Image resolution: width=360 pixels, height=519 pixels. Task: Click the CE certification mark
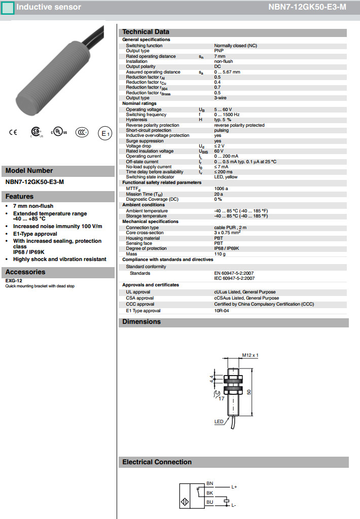[13, 133]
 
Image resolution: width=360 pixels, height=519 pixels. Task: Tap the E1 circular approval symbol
[104, 133]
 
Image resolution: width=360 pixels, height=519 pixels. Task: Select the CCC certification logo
[82, 133]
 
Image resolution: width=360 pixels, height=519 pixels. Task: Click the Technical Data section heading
[146, 32]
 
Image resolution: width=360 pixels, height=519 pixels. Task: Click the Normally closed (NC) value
[235, 46]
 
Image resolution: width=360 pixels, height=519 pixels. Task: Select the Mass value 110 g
[220, 254]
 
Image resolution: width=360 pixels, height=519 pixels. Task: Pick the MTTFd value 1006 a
[222, 189]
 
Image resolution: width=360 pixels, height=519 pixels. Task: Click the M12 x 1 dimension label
[250, 355]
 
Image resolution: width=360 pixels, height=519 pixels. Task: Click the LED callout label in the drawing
[219, 422]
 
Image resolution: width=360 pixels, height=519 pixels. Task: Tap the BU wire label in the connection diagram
[210, 502]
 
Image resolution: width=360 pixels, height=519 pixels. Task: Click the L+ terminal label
[234, 487]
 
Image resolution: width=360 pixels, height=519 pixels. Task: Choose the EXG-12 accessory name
[14, 280]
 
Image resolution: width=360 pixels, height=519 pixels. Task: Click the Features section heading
[19, 197]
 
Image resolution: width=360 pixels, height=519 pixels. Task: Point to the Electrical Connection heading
[157, 462]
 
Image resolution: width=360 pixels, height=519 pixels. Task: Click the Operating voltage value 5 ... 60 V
[223, 109]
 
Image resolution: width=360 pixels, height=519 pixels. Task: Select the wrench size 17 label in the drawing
[221, 399]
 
